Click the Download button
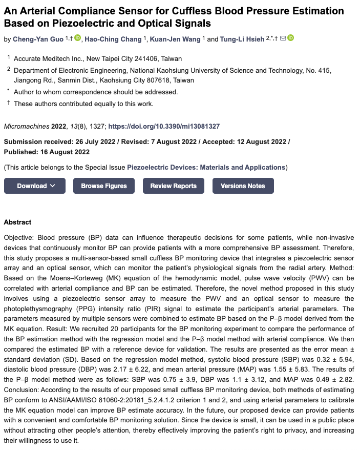[x=35, y=186]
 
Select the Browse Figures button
[x=104, y=186]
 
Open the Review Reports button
[x=173, y=186]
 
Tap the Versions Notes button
[x=243, y=186]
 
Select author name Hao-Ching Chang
[x=115, y=38]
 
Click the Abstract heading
[x=17, y=222]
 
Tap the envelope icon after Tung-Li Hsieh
[x=283, y=38]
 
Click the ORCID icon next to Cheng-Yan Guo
[x=78, y=38]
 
